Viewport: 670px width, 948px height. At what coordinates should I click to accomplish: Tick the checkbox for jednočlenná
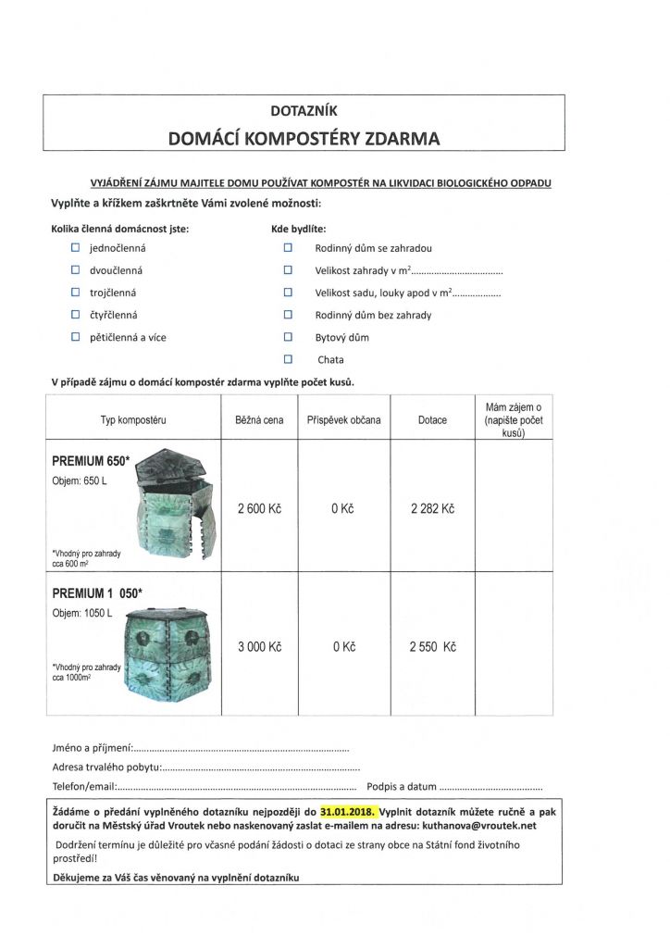pyautogui.click(x=76, y=248)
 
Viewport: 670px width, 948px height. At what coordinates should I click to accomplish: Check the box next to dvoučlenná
pyautogui.click(x=76, y=270)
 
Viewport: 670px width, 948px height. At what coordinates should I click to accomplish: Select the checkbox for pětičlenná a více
pyautogui.click(x=76, y=337)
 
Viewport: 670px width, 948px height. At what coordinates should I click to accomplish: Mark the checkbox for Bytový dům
pyautogui.click(x=288, y=337)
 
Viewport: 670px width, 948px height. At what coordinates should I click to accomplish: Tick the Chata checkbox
pyautogui.click(x=288, y=359)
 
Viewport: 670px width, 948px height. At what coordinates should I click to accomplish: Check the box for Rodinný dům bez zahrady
pyautogui.click(x=288, y=315)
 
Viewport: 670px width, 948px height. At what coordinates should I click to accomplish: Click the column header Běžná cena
pyautogui.click(x=259, y=419)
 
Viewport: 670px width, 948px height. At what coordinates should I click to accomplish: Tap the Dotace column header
pyautogui.click(x=432, y=419)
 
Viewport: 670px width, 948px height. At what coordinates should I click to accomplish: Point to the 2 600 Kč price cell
pyautogui.click(x=259, y=508)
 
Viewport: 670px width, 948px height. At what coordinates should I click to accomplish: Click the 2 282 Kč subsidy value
pyautogui.click(x=432, y=508)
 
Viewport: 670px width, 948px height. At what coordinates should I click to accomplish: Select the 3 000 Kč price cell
pyautogui.click(x=259, y=647)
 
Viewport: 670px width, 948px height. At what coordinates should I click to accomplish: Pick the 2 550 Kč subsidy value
pyautogui.click(x=432, y=647)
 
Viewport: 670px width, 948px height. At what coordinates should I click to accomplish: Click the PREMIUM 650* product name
pyautogui.click(x=91, y=460)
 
